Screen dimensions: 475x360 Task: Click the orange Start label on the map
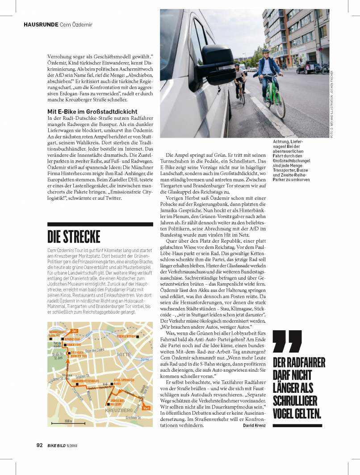click(x=146, y=408)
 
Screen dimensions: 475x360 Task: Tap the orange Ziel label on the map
click(x=75, y=330)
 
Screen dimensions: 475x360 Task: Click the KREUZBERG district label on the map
click(x=118, y=410)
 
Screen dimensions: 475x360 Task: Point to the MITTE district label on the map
click(x=124, y=354)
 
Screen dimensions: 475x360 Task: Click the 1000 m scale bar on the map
click(x=67, y=422)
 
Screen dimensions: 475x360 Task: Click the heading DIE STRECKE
click(x=74, y=236)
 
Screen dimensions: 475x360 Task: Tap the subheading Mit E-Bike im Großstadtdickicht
click(x=92, y=111)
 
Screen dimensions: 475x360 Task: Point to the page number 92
click(x=39, y=445)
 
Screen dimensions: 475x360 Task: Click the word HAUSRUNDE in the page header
click(x=41, y=24)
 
